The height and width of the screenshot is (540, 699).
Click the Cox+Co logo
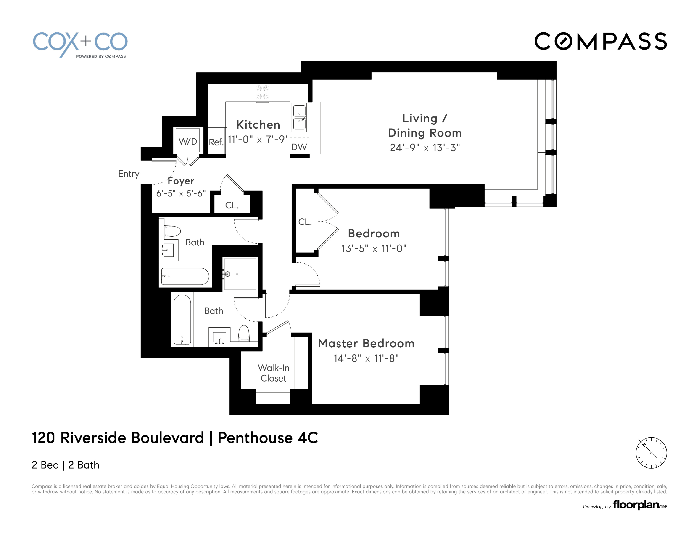pyautogui.click(x=80, y=44)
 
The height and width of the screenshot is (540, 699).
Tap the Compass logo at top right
pyautogui.click(x=600, y=41)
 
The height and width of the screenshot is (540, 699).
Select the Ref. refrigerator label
pyautogui.click(x=216, y=142)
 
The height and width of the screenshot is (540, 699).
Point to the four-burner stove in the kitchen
pyautogui.click(x=262, y=92)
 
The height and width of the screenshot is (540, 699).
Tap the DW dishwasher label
pyautogui.click(x=299, y=147)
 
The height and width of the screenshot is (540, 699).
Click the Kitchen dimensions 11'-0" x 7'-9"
pyautogui.click(x=258, y=139)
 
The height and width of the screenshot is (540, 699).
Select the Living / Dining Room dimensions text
pyautogui.click(x=425, y=148)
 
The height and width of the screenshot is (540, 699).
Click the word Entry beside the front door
pyautogui.click(x=129, y=174)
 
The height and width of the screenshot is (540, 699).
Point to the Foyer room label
pyautogui.click(x=181, y=181)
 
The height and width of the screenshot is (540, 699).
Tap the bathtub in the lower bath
pyautogui.click(x=182, y=319)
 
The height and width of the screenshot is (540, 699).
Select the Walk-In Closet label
pyautogui.click(x=274, y=373)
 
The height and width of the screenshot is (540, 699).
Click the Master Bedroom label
pyautogui.click(x=366, y=343)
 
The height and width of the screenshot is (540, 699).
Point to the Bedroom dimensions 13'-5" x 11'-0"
pyautogui.click(x=374, y=248)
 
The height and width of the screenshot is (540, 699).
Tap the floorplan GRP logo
pyautogui.click(x=639, y=505)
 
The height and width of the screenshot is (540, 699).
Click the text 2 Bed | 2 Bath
pyautogui.click(x=66, y=465)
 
